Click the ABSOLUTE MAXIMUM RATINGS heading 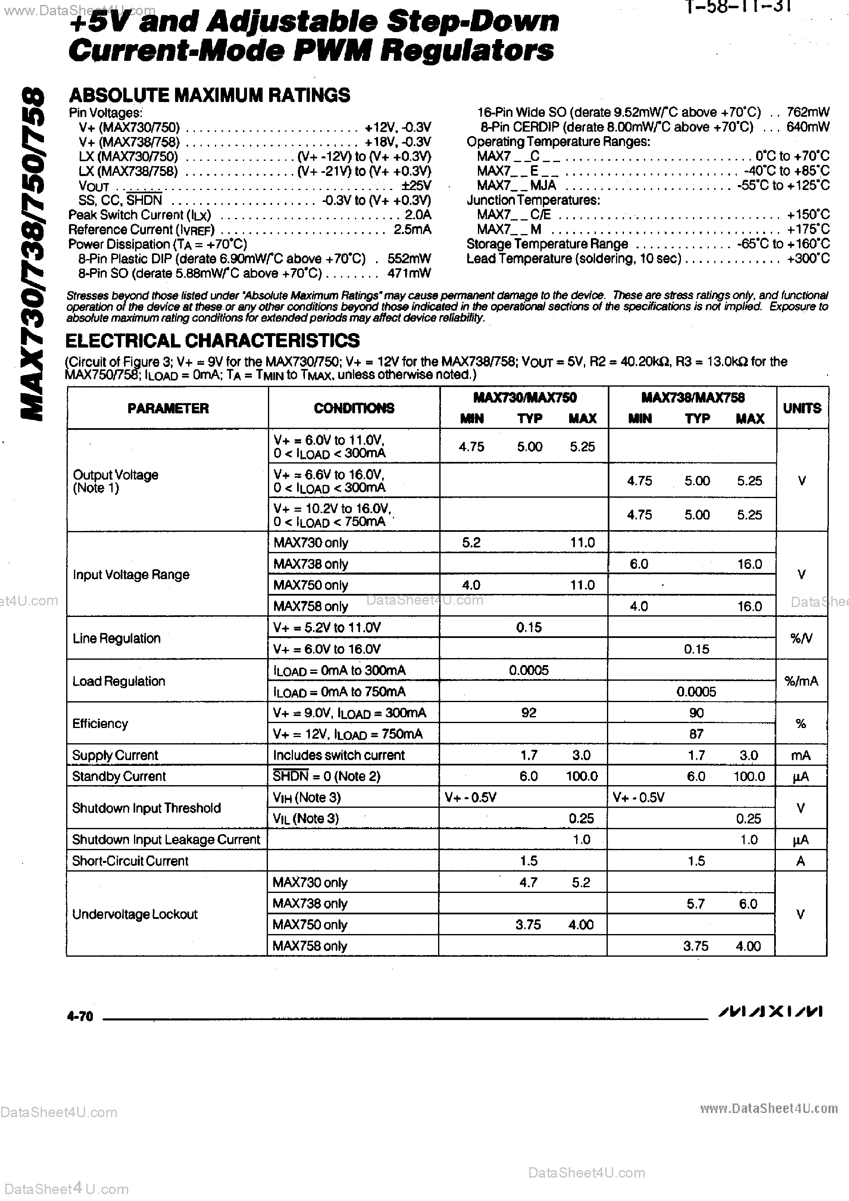209,95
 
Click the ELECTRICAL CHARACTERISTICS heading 212,341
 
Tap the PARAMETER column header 168,408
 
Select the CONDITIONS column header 354,408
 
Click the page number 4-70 80,1016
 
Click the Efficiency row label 100,723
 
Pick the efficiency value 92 528,712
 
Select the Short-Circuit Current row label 130,861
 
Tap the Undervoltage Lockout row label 135,914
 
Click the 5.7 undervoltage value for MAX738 696,903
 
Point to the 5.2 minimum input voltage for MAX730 471,543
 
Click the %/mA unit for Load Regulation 801,681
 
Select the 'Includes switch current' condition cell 339,755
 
